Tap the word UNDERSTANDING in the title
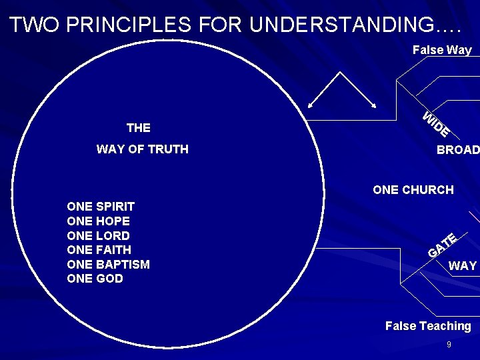pyautogui.click(x=340, y=25)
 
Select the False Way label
pyautogui.click(x=442, y=50)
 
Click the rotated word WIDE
pyautogui.click(x=436, y=125)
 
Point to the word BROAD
pyautogui.click(x=458, y=150)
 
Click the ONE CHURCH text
pyautogui.click(x=413, y=190)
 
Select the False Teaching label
pyautogui.click(x=428, y=326)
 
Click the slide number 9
pyautogui.click(x=449, y=345)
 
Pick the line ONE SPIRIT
pyautogui.click(x=101, y=207)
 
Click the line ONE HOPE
pyautogui.click(x=99, y=221)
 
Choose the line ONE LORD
pyautogui.click(x=99, y=236)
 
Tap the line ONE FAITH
pyautogui.click(x=99, y=250)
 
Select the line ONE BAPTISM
pyautogui.click(x=109, y=265)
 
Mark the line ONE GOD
pyautogui.click(x=95, y=279)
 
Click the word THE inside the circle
pyautogui.click(x=139, y=128)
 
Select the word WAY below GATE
pyautogui.click(x=463, y=266)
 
